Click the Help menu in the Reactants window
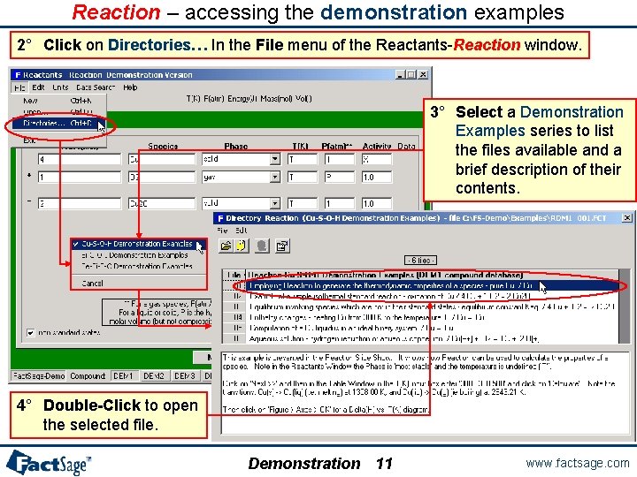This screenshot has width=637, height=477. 130,87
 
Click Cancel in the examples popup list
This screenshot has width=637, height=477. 92,284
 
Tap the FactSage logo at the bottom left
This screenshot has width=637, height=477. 49,462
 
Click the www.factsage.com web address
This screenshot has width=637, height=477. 577,463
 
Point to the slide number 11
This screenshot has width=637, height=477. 384,464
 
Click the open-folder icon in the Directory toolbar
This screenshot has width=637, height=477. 226,246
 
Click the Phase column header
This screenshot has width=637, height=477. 236,146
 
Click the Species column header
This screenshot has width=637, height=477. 163,146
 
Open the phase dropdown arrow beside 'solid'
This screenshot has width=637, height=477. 275,160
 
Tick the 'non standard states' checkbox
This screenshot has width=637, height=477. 32,332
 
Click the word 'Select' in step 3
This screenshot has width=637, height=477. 479,112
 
